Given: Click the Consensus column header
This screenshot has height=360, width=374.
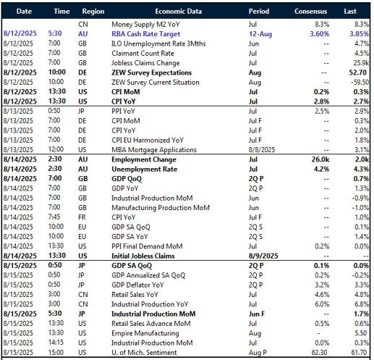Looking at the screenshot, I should click(315, 12).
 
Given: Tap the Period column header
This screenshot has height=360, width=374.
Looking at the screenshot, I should click(258, 12).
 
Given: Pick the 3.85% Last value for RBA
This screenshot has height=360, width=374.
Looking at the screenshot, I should click(357, 33).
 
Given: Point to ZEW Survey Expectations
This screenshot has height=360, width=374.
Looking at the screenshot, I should click(151, 73).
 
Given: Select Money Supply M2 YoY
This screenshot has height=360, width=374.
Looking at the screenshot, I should click(140, 23).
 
